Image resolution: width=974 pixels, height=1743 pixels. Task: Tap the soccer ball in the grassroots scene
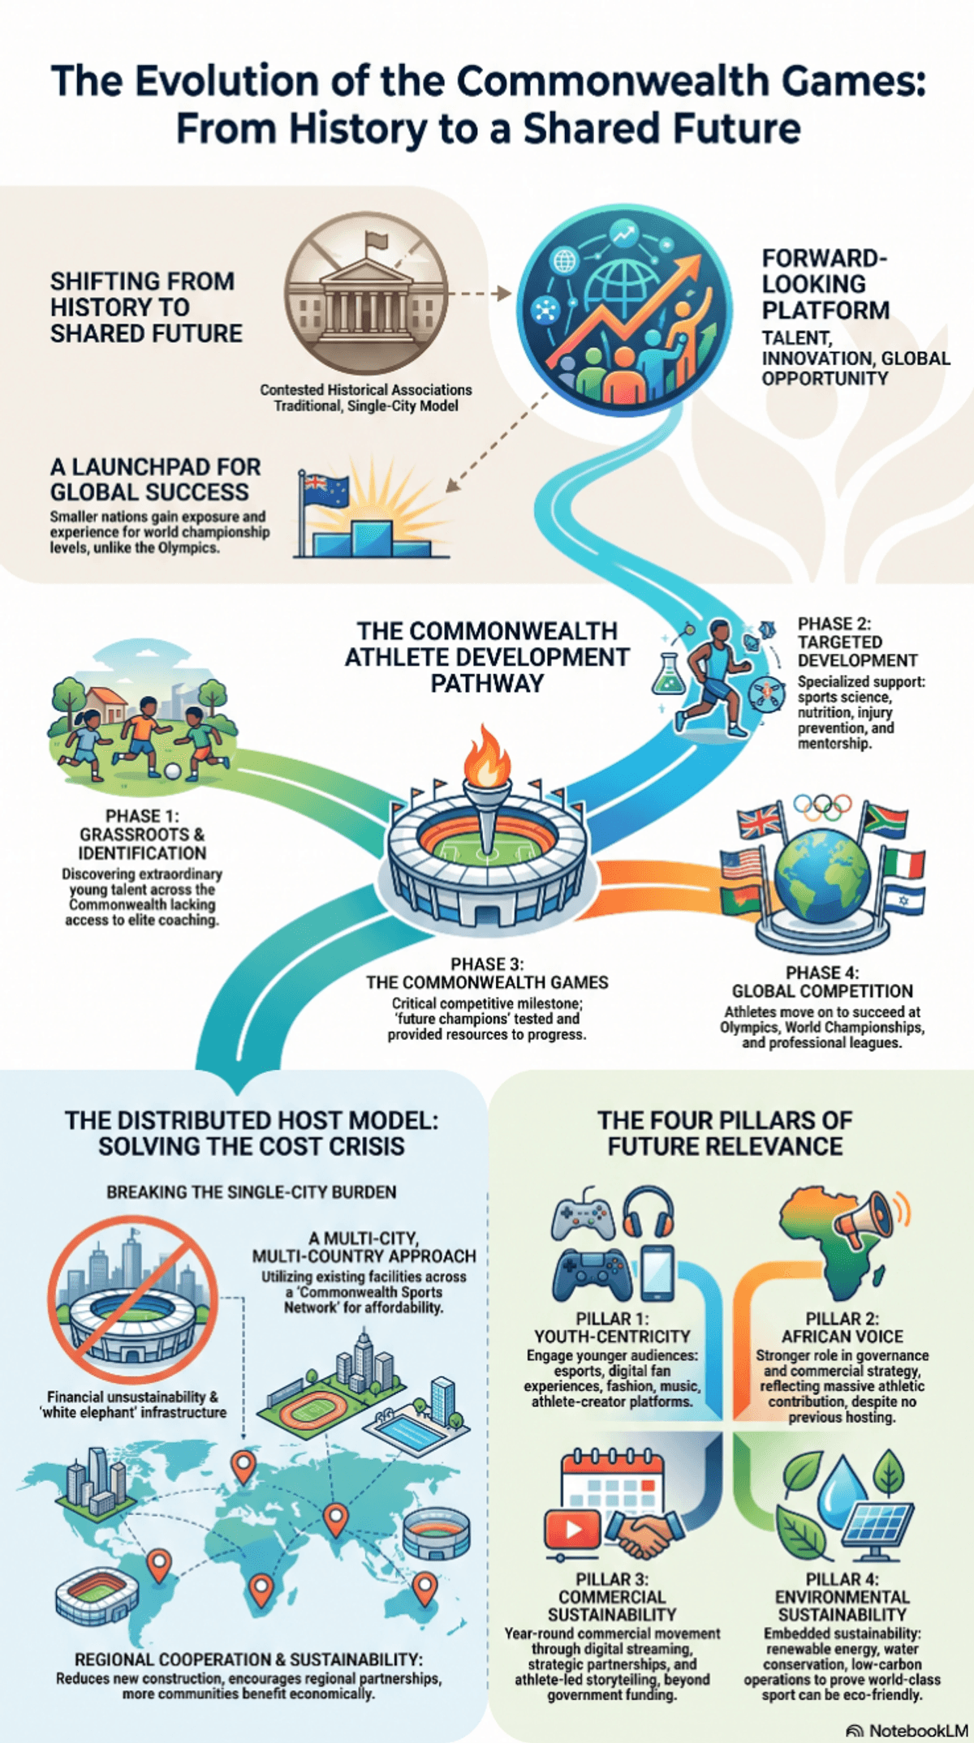point(173,771)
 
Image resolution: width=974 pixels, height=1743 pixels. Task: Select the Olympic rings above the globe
point(823,807)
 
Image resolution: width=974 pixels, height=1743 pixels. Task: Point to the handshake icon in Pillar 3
point(644,1535)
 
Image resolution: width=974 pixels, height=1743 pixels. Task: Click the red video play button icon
point(573,1530)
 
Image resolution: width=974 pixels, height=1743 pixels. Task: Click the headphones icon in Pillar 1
point(648,1212)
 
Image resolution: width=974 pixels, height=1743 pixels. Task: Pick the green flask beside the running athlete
point(668,676)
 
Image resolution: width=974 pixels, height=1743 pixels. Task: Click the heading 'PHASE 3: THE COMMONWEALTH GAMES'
point(487,973)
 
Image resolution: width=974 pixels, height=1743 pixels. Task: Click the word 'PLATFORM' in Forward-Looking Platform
point(825,310)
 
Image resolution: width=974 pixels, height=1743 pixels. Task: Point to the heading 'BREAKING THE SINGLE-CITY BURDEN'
point(252,1192)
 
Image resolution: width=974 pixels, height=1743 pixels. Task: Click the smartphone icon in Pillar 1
point(657,1273)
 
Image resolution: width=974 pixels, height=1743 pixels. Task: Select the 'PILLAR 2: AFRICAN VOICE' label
point(843,1328)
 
